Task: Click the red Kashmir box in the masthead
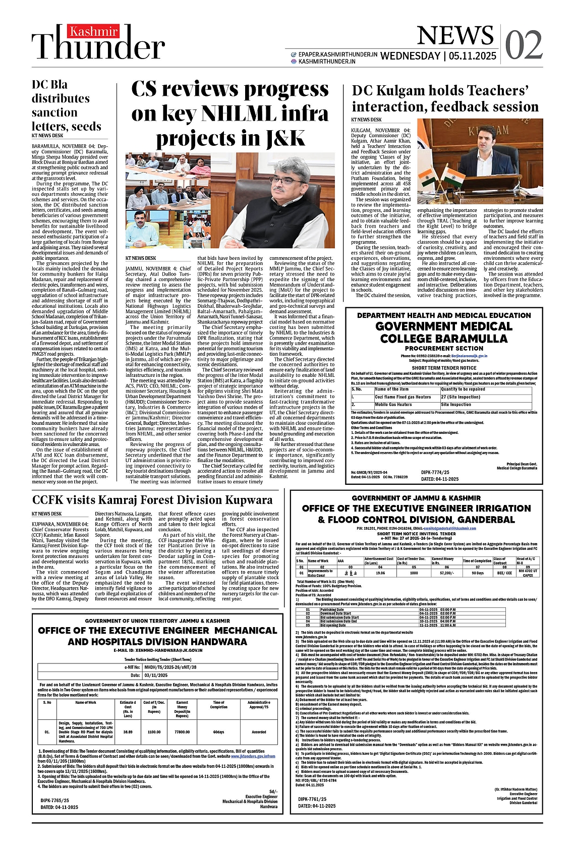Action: coord(93,32)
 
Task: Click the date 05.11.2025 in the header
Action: coord(473,56)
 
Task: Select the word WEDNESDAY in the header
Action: coord(410,56)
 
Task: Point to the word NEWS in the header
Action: coord(455,36)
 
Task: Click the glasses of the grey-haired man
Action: coord(287,180)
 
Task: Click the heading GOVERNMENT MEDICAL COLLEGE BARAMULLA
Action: coord(444,332)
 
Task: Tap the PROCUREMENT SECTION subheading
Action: coord(444,348)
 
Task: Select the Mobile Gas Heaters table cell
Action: coord(393,405)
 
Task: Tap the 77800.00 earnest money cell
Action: coord(182,732)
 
